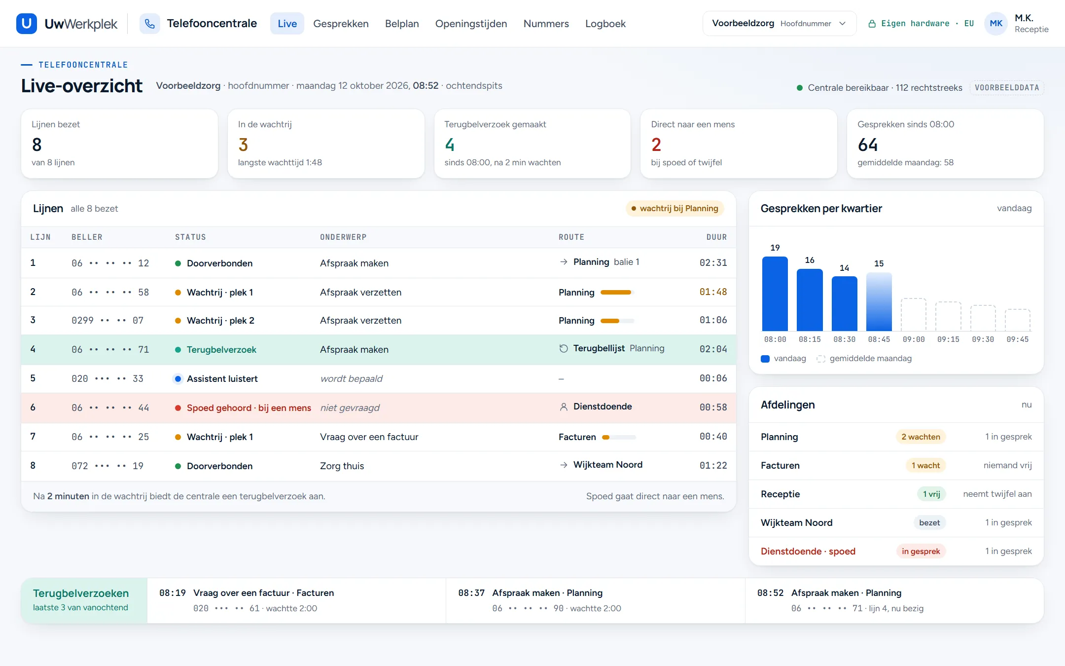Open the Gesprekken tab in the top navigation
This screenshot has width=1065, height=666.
click(341, 24)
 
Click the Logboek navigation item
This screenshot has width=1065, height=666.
click(605, 24)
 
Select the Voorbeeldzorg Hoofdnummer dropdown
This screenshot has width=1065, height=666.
click(779, 24)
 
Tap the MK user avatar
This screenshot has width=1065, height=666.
click(996, 24)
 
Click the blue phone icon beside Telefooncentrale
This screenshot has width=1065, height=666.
click(150, 24)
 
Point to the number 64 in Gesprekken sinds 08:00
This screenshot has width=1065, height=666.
click(867, 145)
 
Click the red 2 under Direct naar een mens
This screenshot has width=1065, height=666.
click(656, 145)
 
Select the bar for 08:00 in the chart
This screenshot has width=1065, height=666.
click(775, 294)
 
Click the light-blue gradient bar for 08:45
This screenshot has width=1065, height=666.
click(879, 301)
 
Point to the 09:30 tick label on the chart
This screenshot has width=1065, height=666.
click(983, 339)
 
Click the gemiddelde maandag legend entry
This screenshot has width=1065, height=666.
click(864, 359)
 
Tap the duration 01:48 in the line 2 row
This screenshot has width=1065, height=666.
click(713, 292)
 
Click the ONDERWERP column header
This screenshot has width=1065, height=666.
click(343, 237)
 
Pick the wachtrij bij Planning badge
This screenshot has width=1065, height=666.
click(674, 209)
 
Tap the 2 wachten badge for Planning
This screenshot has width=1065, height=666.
click(921, 437)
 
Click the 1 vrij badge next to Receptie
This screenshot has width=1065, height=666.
click(931, 494)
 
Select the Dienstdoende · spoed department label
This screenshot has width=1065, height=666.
click(808, 551)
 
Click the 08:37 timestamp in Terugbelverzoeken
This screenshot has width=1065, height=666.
click(471, 593)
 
